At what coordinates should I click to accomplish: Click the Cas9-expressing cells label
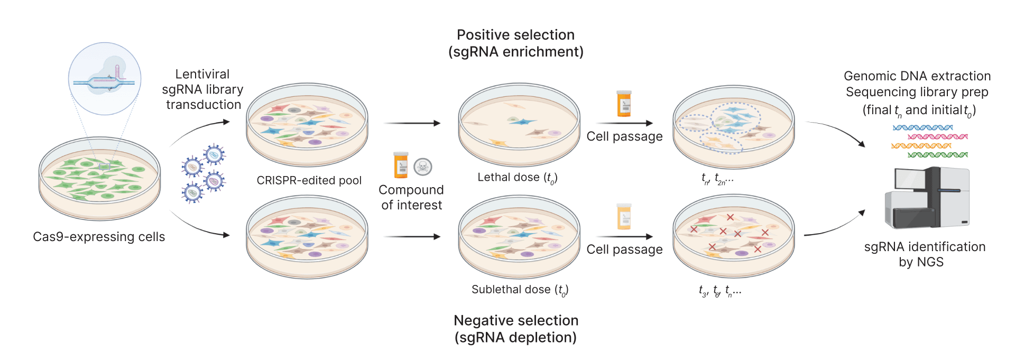coord(99,237)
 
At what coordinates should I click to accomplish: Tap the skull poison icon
coord(423,167)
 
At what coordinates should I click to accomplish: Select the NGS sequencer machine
coord(927,198)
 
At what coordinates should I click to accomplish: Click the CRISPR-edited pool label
coord(309,181)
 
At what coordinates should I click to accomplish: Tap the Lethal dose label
coord(517,178)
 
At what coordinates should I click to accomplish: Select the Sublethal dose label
coord(520,290)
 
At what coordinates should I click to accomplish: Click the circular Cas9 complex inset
coord(105,79)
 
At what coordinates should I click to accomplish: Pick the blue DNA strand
coord(922,127)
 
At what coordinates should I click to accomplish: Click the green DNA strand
coord(937,155)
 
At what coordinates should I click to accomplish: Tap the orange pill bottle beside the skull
coord(401,165)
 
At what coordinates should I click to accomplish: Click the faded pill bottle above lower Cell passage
coord(624,216)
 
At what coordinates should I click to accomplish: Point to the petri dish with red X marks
coord(733,235)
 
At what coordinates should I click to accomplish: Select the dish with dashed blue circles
coord(733,127)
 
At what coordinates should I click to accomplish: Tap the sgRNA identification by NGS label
coord(924,254)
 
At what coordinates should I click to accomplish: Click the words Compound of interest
coord(411,197)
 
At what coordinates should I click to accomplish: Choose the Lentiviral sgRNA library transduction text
coord(203,89)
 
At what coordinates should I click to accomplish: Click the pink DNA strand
coord(937,136)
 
